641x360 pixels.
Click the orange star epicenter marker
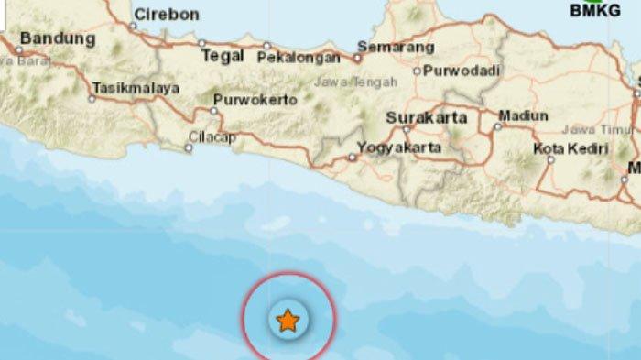[288, 321]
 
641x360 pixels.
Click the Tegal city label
[222, 56]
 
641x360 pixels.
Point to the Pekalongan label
[299, 57]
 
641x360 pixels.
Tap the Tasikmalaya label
[135, 89]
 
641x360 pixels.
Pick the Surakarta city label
[427, 117]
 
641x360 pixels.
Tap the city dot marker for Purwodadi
[417, 71]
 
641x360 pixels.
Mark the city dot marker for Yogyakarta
[353, 158]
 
